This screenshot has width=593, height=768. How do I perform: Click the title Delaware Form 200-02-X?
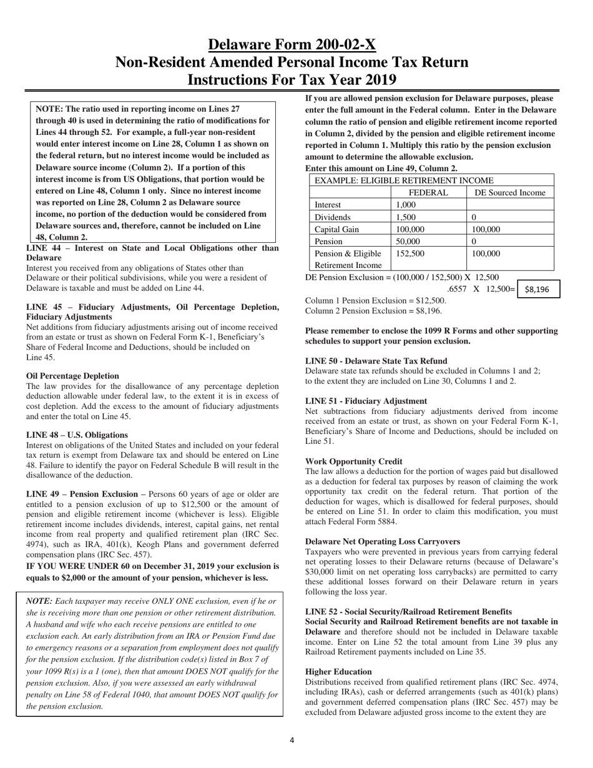tap(292, 45)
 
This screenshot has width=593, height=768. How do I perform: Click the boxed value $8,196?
tap(537, 289)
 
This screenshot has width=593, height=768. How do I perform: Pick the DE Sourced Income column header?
tap(510, 192)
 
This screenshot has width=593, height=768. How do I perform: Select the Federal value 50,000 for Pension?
tap(408, 241)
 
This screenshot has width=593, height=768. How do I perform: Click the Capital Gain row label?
tap(336, 229)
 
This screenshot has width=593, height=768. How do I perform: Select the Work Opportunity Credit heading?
tap(353, 461)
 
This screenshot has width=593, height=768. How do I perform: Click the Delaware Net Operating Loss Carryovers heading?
tap(383, 541)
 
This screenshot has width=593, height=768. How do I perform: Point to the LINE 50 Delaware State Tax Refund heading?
tap(376, 361)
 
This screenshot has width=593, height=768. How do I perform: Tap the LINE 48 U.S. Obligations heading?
tap(77, 435)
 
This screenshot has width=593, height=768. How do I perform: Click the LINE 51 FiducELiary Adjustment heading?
tap(366, 401)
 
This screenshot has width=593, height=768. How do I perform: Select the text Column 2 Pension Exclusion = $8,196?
tap(373, 310)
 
